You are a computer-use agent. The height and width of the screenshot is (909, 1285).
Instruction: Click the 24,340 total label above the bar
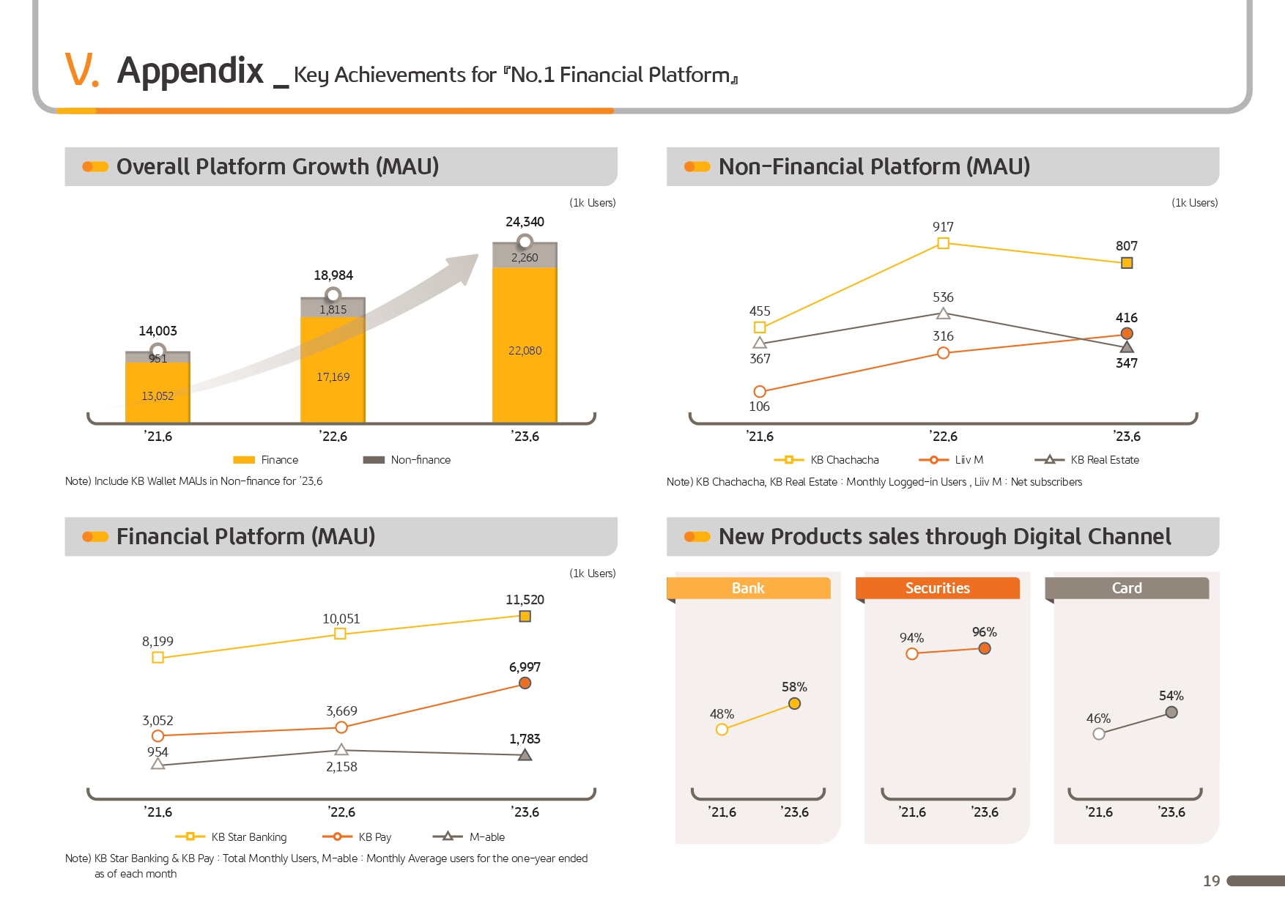(x=525, y=222)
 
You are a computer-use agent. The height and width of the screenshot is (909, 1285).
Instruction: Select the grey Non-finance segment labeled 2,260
(x=525, y=256)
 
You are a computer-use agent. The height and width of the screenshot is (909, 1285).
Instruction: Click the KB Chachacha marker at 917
(x=943, y=243)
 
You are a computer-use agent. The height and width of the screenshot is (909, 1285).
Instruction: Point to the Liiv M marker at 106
(x=760, y=392)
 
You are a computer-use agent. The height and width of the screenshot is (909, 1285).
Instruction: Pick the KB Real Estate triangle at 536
(x=943, y=314)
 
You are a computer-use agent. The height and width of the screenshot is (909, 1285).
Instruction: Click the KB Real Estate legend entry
(x=1087, y=460)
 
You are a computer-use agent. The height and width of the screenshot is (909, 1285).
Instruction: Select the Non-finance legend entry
(x=407, y=460)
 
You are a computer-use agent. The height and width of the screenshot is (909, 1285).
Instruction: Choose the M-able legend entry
(x=469, y=836)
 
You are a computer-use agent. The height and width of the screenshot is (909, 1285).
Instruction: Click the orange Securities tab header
(x=937, y=588)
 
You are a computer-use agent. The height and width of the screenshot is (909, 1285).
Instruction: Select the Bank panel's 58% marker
(x=794, y=704)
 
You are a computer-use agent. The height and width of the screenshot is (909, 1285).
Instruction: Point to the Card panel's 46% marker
(x=1098, y=734)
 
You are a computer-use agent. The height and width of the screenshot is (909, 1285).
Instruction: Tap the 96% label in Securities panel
(x=984, y=632)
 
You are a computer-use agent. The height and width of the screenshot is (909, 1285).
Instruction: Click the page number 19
(x=1211, y=881)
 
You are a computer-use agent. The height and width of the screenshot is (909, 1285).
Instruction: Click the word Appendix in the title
(x=190, y=71)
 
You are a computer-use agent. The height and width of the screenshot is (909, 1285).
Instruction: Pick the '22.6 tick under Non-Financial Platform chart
(x=943, y=437)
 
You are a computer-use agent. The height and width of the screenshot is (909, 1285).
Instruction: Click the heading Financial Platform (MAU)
(x=245, y=537)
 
